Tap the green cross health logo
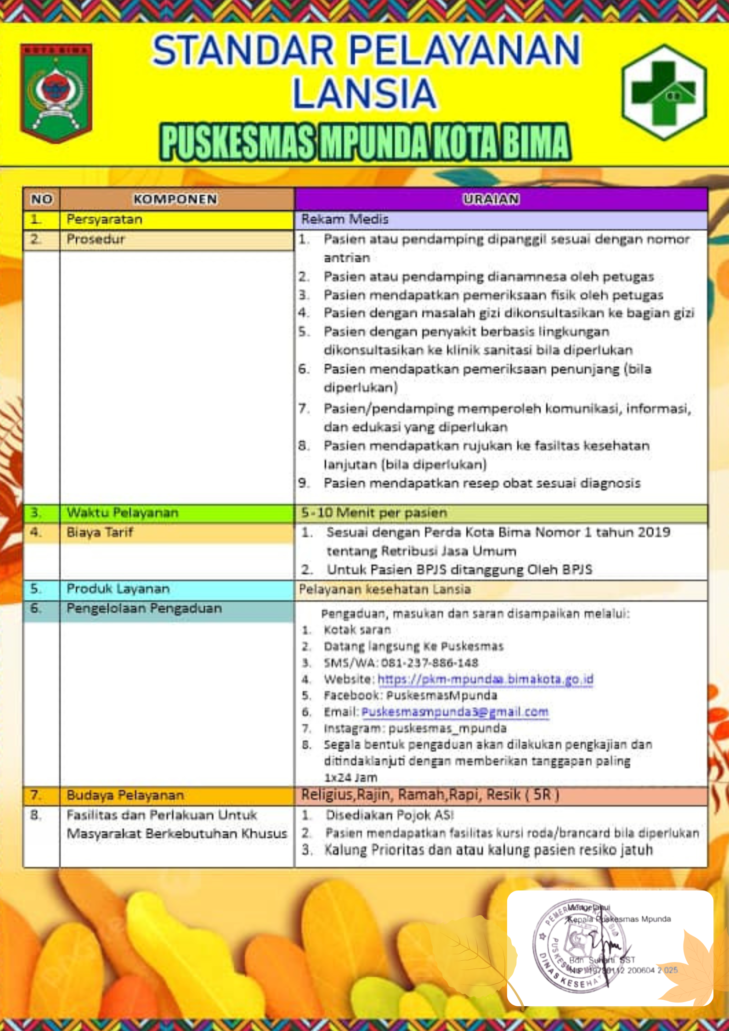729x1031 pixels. tap(664, 92)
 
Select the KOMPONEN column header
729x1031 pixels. tap(175, 199)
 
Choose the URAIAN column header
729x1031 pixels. tap(491, 199)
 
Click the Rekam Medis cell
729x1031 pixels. tap(345, 220)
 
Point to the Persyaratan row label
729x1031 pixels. tap(104, 220)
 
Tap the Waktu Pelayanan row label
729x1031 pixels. tap(122, 513)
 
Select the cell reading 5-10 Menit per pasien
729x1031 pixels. tap(374, 513)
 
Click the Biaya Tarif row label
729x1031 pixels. tap(100, 532)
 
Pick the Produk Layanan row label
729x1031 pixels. tap(118, 589)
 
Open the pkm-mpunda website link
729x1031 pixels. tap(486, 679)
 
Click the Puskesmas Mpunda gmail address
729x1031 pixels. tap(455, 712)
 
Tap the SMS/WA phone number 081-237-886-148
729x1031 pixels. tap(429, 663)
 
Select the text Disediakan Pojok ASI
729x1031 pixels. tap(390, 815)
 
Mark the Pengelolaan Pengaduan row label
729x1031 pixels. tap(144, 608)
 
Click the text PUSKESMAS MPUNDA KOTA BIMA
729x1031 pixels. tap(365, 142)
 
